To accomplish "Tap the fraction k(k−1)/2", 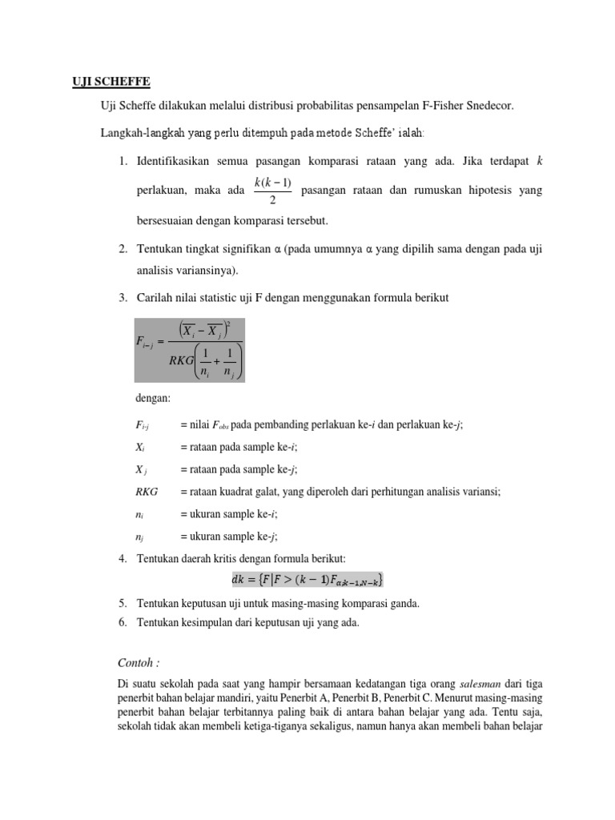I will (x=272, y=191).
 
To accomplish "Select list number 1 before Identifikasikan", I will (x=123, y=162).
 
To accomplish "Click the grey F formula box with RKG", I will (x=188, y=349).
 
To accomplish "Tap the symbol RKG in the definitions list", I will (x=147, y=492).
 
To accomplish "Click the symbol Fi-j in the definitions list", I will (x=144, y=426).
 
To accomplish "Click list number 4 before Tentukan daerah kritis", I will (x=123, y=557).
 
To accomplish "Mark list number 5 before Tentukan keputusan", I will (x=123, y=602).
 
